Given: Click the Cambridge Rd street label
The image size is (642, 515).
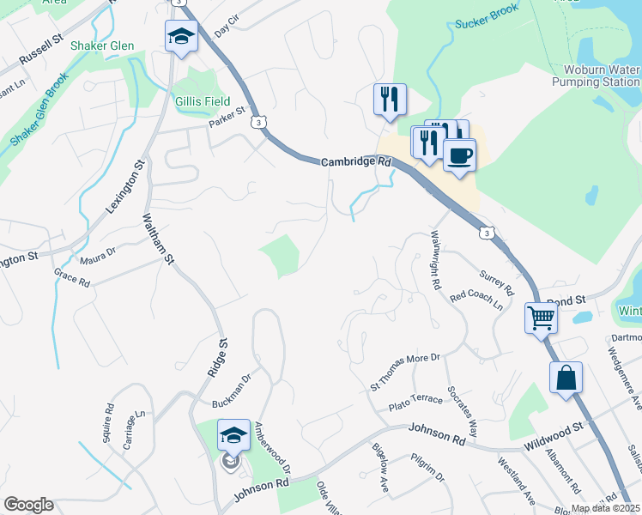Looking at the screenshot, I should [356, 161].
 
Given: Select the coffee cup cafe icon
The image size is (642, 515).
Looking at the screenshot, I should [459, 154].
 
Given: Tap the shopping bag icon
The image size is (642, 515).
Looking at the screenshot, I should [566, 377].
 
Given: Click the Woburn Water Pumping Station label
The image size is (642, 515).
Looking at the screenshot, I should [602, 76].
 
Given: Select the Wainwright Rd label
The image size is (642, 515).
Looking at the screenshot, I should [435, 258].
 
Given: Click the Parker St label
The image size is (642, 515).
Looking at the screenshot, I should [227, 117].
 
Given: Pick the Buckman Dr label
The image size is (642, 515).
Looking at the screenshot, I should [231, 389].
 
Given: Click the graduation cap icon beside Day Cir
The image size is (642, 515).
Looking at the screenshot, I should [181, 36].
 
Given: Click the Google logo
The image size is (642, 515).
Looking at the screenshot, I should [28, 505].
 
